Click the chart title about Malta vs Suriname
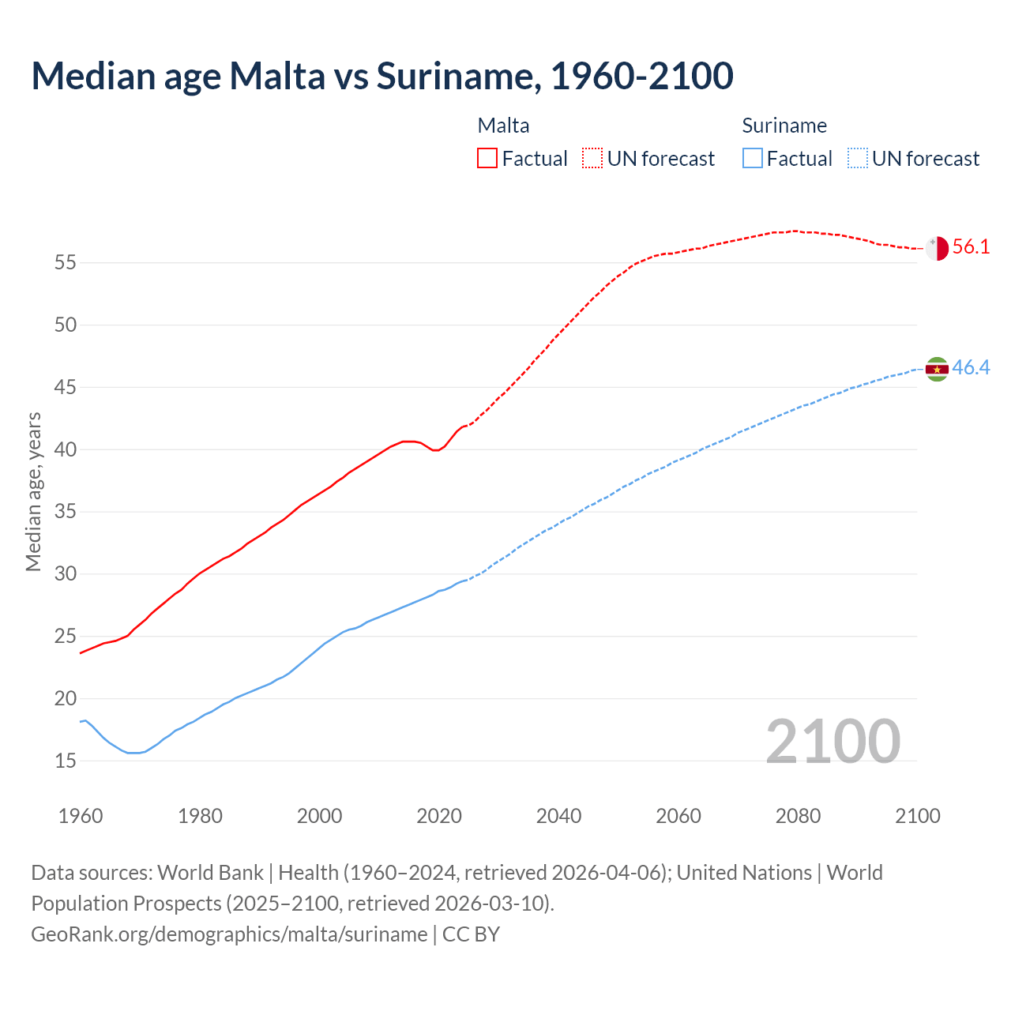(382, 76)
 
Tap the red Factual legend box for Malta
(487, 158)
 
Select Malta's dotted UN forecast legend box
(592, 158)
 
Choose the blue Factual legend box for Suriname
(753, 158)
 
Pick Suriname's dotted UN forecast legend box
(858, 158)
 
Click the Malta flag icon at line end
(937, 248)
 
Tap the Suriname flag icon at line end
(937, 369)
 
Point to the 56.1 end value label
(971, 247)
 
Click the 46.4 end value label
(971, 368)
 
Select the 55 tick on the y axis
(65, 263)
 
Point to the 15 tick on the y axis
(65, 761)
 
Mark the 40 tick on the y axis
(65, 449)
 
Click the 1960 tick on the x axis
(81, 816)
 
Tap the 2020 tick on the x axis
(439, 816)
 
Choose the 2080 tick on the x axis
(798, 816)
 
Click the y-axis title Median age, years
(33, 491)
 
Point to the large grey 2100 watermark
(833, 742)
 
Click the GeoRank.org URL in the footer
(229, 934)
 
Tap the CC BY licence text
(471, 934)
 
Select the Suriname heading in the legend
(784, 126)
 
